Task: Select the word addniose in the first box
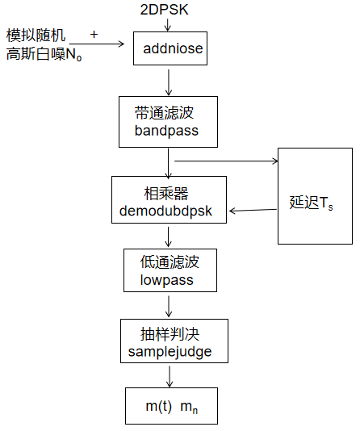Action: tap(173, 49)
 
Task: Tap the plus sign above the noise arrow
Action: tap(94, 35)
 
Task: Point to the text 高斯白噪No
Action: tap(44, 55)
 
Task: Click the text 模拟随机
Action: tap(36, 36)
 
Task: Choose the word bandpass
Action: tap(166, 130)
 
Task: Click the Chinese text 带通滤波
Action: tap(166, 111)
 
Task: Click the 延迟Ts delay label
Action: tap(312, 203)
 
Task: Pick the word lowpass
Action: tap(167, 280)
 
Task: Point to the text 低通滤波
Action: tap(167, 262)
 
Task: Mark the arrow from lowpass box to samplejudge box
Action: tap(169, 304)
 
